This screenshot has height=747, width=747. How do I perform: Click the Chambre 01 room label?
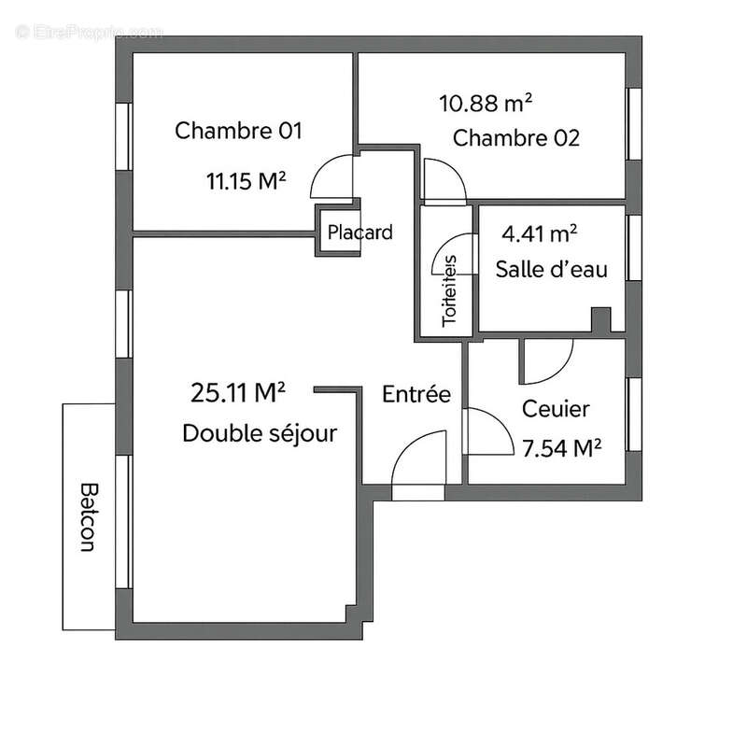tap(239, 131)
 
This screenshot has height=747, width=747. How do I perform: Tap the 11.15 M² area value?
tap(246, 181)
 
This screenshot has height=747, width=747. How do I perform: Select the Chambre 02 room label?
tap(516, 138)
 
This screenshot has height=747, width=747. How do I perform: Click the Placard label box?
tap(359, 233)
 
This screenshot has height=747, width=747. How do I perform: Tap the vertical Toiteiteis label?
tap(450, 289)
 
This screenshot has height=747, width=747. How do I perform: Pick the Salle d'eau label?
tap(552, 270)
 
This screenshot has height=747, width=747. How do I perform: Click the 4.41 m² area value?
tap(540, 233)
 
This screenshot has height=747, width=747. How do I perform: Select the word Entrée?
tap(416, 394)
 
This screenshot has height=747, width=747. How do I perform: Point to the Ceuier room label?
tap(556, 409)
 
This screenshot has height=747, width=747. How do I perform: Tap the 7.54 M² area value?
tap(560, 448)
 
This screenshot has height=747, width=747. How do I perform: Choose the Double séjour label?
tap(260, 433)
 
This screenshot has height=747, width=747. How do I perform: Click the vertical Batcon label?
tap(89, 517)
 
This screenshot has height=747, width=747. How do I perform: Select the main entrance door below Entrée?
tap(420, 464)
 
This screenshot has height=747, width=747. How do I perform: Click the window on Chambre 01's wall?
tap(121, 135)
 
